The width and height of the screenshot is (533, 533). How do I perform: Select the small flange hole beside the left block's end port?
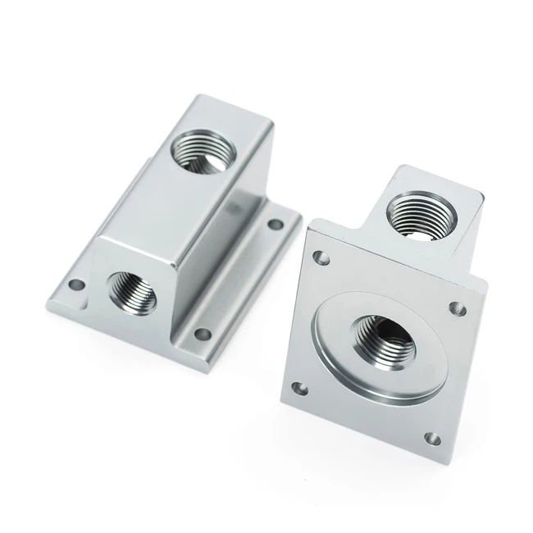pos(76,286)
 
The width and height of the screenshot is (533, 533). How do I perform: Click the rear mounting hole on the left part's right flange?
pos(276,223)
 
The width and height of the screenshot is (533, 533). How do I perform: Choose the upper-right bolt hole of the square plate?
pos(457,309)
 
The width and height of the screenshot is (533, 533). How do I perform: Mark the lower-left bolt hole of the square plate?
pos(300,385)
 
